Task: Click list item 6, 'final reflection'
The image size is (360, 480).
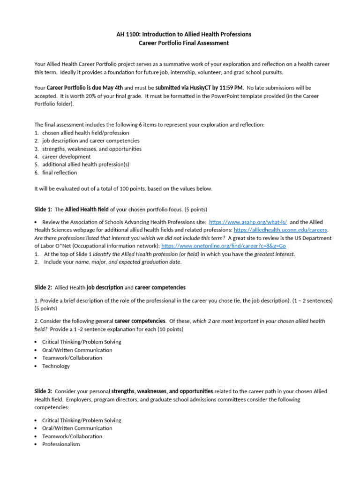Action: [60, 172]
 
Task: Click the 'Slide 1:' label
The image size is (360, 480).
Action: [44, 209]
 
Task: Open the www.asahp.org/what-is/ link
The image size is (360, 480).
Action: [248, 222]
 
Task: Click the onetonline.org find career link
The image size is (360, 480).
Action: [223, 246]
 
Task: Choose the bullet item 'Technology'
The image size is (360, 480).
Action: [56, 366]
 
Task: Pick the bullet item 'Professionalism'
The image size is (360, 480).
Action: [61, 444]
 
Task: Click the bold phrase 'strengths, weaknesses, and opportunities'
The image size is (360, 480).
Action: [162, 391]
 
